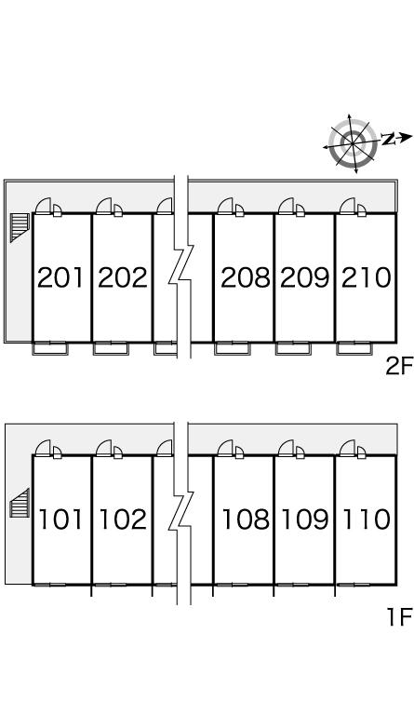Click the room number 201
tap(61, 277)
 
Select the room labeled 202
tap(123, 277)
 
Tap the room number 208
tap(246, 277)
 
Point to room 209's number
tap(305, 277)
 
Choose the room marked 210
tap(367, 277)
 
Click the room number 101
tap(61, 519)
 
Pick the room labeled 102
tap(123, 519)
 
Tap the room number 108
tap(246, 519)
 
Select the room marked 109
tap(305, 519)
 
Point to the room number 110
tap(367, 519)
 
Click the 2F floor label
tap(399, 366)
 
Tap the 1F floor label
tap(400, 618)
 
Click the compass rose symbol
tap(354, 143)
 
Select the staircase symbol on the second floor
tap(20, 226)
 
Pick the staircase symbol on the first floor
tap(20, 503)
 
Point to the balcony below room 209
tap(293, 349)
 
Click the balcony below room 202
tap(111, 349)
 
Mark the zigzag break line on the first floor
tap(181, 511)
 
